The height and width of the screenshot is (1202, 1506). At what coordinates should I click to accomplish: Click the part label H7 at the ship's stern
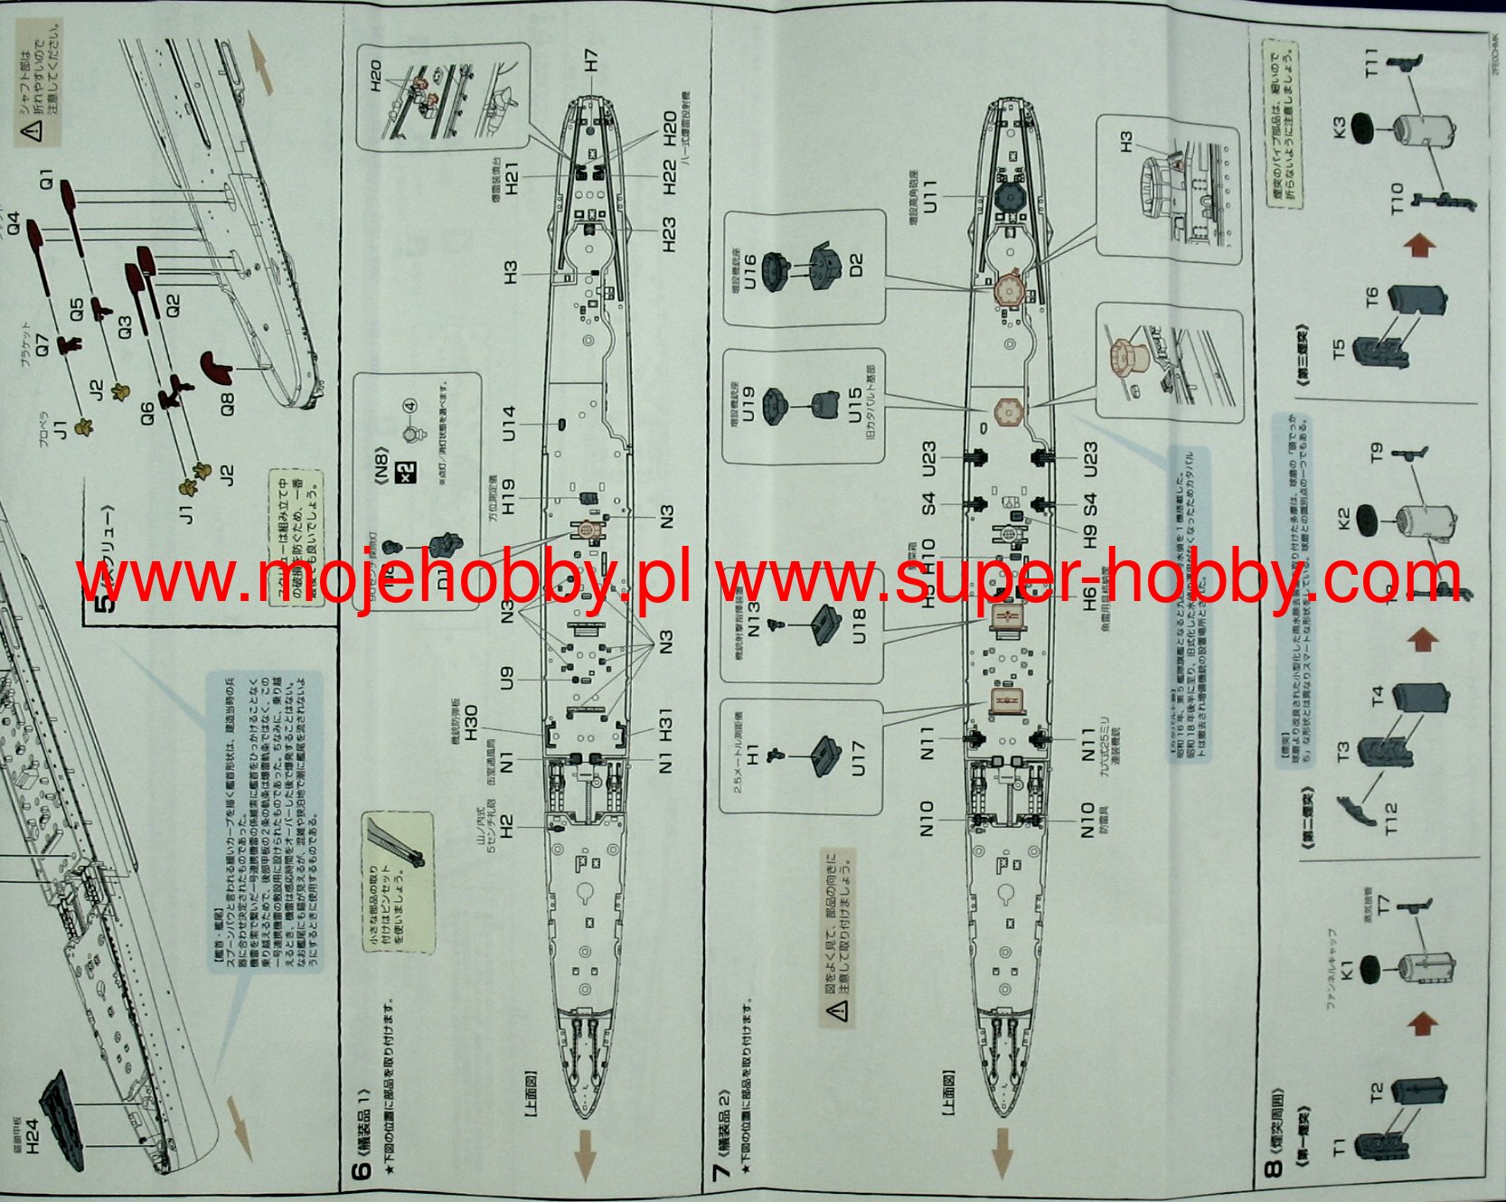[591, 61]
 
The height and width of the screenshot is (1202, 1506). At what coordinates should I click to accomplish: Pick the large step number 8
[1273, 1169]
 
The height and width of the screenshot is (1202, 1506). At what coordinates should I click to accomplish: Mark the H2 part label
[506, 825]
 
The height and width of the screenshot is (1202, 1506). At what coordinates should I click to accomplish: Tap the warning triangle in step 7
[839, 1009]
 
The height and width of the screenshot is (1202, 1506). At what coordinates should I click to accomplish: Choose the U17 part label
[858, 757]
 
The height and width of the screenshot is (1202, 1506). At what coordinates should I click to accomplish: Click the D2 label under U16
[856, 265]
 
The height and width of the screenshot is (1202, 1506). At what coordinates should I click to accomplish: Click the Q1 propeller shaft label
[46, 178]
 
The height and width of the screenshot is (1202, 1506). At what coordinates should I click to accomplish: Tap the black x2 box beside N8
[409, 472]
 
